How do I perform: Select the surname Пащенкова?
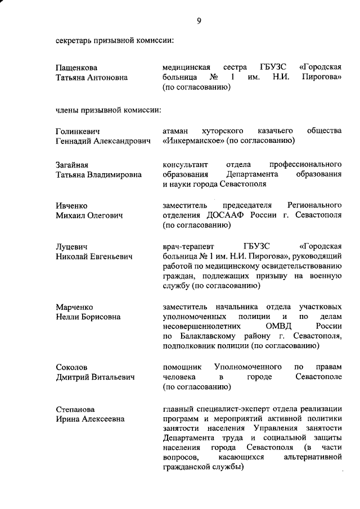[76, 67]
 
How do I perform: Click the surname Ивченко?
[71, 206]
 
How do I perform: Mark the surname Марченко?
[74, 307]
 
